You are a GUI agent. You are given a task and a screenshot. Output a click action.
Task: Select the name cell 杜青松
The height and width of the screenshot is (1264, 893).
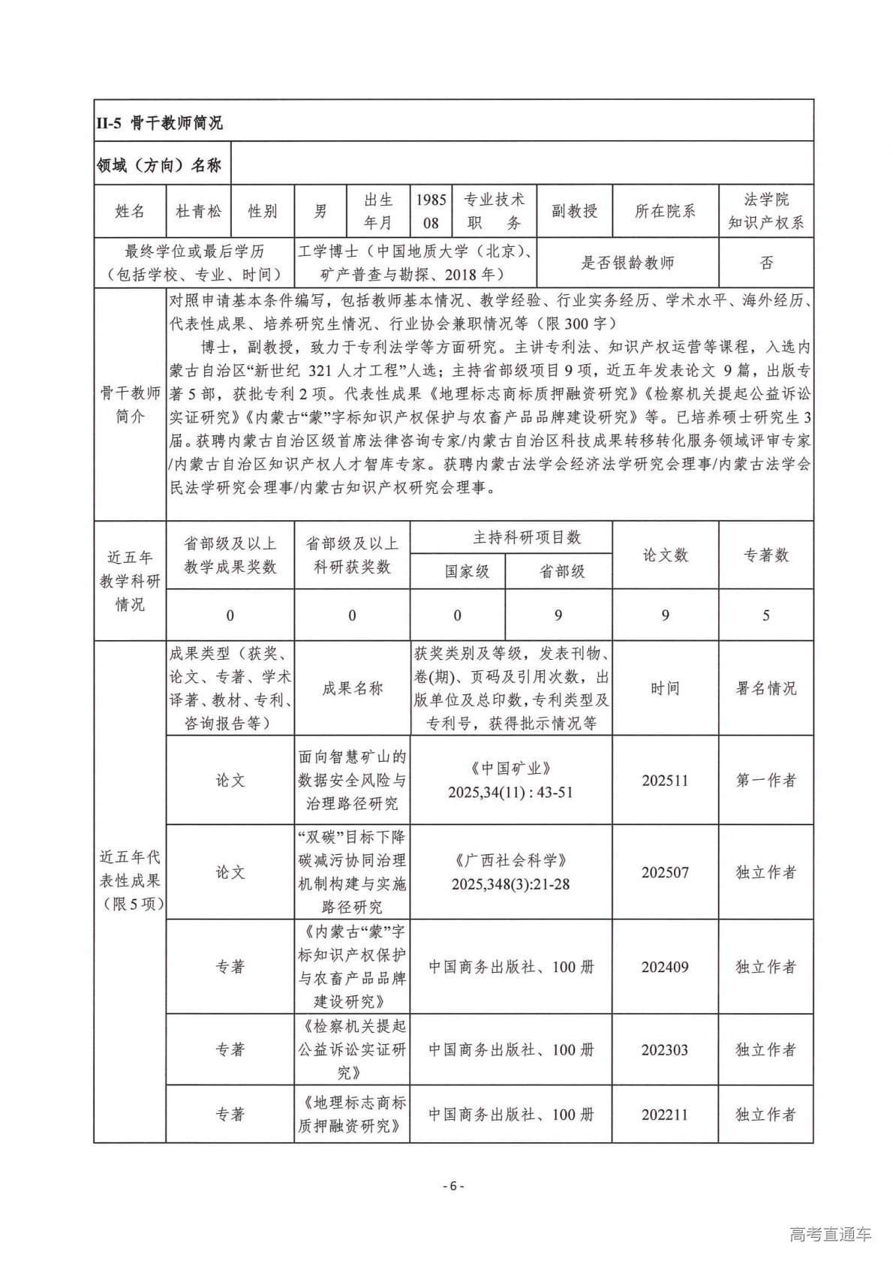[x=198, y=211]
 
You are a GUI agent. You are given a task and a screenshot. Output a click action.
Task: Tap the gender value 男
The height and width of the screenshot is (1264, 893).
[x=320, y=211]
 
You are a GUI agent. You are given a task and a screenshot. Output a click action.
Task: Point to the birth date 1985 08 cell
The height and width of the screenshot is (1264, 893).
[x=431, y=211]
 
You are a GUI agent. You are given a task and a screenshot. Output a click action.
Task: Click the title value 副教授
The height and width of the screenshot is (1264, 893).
[x=574, y=211]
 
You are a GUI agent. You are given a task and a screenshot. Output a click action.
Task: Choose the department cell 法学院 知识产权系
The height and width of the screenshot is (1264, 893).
[x=765, y=211]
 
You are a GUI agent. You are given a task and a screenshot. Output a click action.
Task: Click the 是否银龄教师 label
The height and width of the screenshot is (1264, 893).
[x=627, y=263]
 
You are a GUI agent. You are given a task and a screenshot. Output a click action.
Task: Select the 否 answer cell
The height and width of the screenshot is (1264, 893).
[x=765, y=263]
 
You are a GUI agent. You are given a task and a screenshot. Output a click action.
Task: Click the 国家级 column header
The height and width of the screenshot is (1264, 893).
[x=457, y=571]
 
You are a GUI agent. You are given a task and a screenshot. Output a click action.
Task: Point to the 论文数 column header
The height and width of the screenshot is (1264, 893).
[x=665, y=555]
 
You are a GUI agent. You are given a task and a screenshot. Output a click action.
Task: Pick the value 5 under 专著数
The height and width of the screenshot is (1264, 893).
[x=765, y=615]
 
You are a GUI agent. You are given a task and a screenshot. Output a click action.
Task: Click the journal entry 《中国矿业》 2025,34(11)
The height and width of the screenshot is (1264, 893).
[x=511, y=781]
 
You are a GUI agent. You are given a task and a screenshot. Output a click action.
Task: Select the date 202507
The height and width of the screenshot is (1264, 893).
[x=665, y=872]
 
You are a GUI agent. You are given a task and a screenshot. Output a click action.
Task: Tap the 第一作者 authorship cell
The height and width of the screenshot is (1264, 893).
[x=765, y=781]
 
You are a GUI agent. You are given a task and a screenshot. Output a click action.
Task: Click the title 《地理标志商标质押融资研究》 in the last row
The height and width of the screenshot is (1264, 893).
[x=352, y=1114]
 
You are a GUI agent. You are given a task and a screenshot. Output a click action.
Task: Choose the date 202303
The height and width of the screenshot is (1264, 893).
[x=665, y=1049]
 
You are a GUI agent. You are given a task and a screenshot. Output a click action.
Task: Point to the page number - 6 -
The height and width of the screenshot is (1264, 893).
[x=453, y=1186]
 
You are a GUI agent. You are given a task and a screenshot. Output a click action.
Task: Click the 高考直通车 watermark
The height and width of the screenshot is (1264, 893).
[x=830, y=1235]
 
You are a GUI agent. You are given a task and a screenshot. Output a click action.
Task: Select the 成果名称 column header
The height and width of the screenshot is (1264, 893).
[x=352, y=688]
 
